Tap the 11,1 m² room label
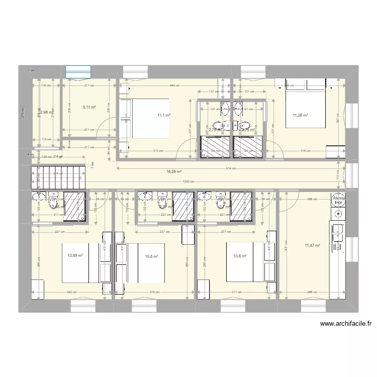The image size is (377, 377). pyautogui.click(x=163, y=115)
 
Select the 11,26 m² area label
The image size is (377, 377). pyautogui.click(x=300, y=115)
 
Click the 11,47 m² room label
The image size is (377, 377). pyautogui.click(x=312, y=245)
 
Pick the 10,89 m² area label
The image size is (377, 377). pyautogui.click(x=75, y=256)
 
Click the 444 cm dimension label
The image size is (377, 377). pyautogui.click(x=174, y=85)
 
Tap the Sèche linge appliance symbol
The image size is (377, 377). pyautogui.click(x=337, y=200)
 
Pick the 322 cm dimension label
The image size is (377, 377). pyautogui.click(x=71, y=292)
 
